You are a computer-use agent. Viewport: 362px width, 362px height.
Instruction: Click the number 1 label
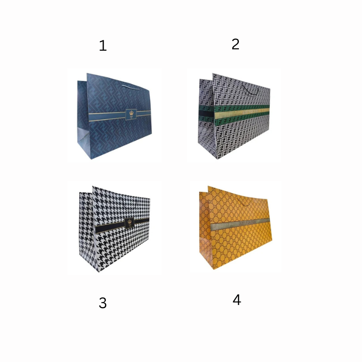103,46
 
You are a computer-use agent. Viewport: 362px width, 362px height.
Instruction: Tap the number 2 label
235,44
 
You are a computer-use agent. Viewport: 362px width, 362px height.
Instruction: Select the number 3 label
103,303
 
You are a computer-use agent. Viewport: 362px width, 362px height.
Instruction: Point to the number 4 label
237,300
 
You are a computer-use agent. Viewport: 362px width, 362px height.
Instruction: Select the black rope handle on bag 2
250,89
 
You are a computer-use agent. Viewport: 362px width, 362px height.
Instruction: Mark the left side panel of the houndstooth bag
87,231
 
